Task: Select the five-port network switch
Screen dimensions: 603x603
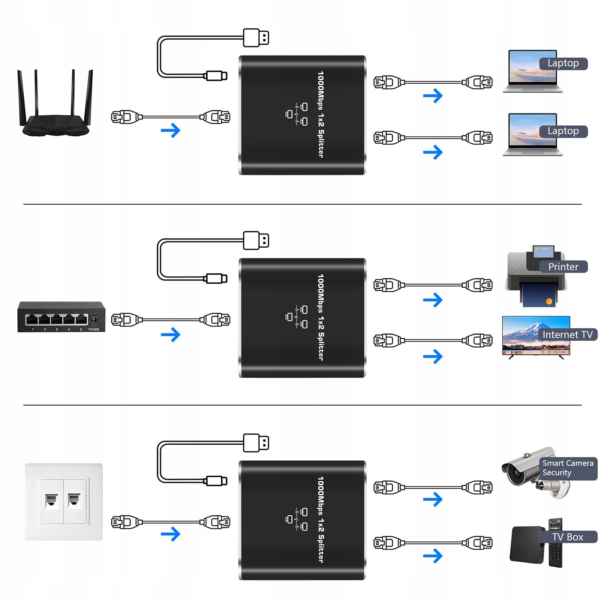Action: (x=61, y=317)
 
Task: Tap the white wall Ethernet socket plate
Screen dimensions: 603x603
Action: (x=64, y=501)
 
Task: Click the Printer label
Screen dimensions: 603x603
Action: (x=563, y=267)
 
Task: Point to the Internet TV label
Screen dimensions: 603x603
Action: (x=567, y=335)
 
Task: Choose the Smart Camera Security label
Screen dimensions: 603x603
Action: (x=567, y=468)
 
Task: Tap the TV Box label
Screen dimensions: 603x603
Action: (x=567, y=537)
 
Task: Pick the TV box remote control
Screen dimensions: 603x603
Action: (x=555, y=543)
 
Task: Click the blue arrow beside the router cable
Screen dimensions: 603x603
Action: (x=170, y=130)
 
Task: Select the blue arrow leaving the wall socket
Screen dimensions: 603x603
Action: (x=170, y=534)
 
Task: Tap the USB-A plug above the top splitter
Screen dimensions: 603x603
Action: (x=256, y=38)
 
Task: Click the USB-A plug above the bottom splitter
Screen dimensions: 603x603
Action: (x=256, y=443)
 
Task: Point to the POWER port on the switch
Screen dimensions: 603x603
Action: (x=94, y=320)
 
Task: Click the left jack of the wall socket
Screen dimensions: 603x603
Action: (x=51, y=501)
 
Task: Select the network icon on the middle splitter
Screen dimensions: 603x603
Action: (x=297, y=317)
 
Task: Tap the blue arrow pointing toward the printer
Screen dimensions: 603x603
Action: (x=433, y=300)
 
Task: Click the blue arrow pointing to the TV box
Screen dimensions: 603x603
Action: (x=433, y=556)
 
